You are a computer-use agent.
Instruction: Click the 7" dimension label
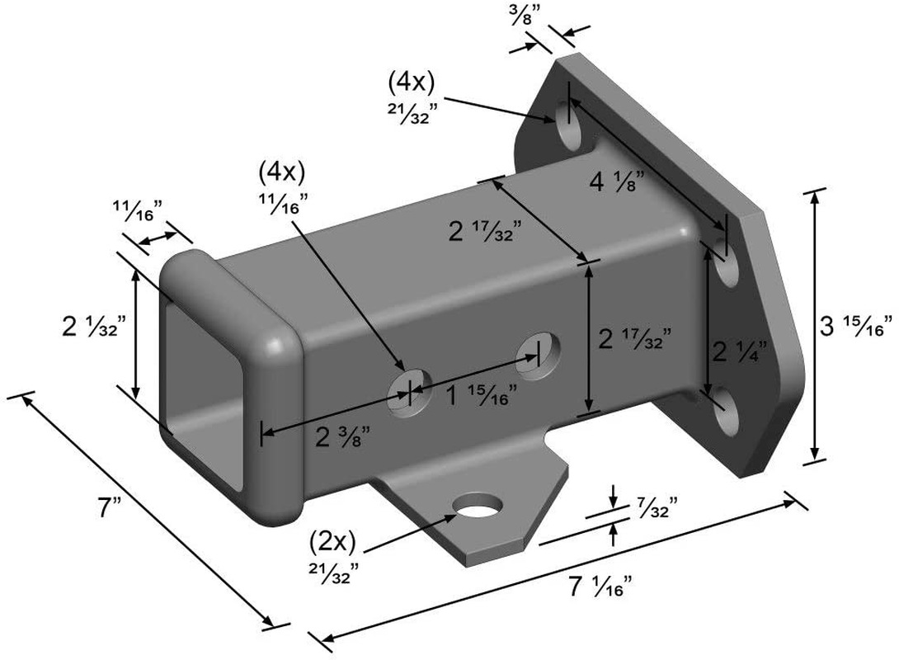tap(110, 508)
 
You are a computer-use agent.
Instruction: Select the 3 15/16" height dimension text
tap(855, 326)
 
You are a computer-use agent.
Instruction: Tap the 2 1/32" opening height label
tap(90, 327)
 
